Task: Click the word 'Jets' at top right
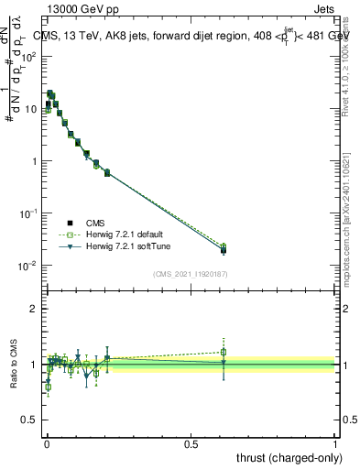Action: pyautogui.click(x=325, y=9)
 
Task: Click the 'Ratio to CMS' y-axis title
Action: pyautogui.click(x=13, y=365)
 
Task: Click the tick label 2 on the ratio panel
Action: pyautogui.click(x=35, y=309)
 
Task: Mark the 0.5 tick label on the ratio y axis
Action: pyautogui.click(x=31, y=420)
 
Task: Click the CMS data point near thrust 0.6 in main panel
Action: pyautogui.click(x=224, y=250)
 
